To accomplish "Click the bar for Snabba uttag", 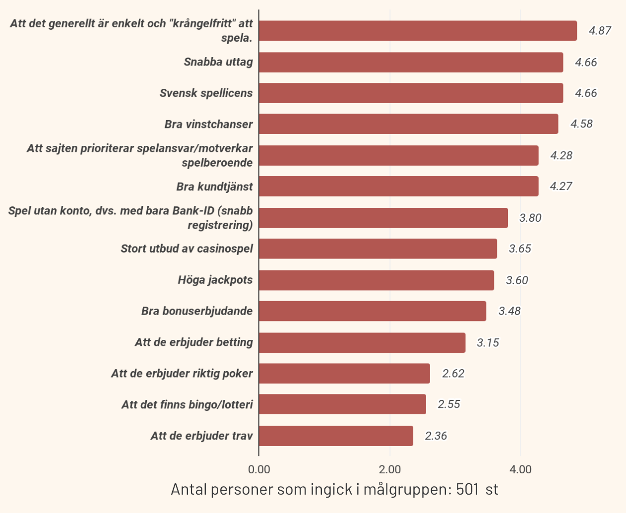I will coord(411,63).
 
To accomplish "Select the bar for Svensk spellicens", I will coord(411,93).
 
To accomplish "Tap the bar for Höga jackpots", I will coord(376,280).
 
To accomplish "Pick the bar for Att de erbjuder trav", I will coord(336,436).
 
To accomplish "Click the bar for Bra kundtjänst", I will coord(398,187).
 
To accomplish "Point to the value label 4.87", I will coord(600,31).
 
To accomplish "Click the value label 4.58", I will coord(581,124).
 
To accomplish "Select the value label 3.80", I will coord(530,218).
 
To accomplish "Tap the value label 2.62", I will coord(453,374).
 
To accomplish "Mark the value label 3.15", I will coord(488,343).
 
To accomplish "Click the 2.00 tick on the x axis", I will coord(389,469).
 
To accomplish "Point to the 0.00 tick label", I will coord(259,469).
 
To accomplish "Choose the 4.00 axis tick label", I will coord(520,469).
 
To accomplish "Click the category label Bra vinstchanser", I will coord(208,125).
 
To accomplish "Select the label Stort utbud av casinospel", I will coord(187,249).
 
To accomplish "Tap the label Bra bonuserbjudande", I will coord(197,311).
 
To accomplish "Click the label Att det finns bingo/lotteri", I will coord(187,405).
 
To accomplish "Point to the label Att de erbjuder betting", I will coord(193,342).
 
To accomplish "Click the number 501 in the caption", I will coord(467,490).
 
